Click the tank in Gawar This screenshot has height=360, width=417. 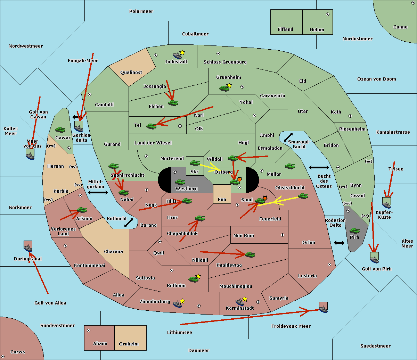(x=60, y=130)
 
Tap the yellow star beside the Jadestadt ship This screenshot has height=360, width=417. (x=182, y=52)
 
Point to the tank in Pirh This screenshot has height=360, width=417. (x=354, y=231)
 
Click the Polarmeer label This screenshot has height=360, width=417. (x=141, y=11)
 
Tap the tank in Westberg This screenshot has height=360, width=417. (x=180, y=182)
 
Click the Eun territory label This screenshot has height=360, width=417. (x=222, y=200)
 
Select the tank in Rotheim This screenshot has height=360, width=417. (x=193, y=279)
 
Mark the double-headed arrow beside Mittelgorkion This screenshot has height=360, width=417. (x=98, y=192)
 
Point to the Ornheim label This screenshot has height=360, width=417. (x=129, y=344)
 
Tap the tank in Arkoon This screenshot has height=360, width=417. (x=82, y=210)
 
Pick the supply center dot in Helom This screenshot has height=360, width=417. (x=327, y=14)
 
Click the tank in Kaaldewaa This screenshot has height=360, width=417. (x=250, y=255)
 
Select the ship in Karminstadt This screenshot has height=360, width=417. (x=240, y=302)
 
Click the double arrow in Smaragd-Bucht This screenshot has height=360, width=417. (x=288, y=137)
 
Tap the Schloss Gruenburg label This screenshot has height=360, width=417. (x=225, y=62)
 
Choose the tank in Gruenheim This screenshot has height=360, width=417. (x=224, y=89)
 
